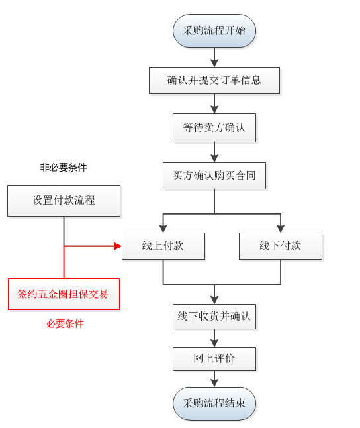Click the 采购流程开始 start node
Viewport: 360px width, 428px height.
(x=214, y=31)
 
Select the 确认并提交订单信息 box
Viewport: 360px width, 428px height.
(x=214, y=81)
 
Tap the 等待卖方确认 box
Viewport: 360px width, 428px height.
(x=214, y=128)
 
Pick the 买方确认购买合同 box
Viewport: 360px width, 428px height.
(x=214, y=176)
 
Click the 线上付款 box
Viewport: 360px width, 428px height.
(x=163, y=246)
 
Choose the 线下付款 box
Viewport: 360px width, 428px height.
(x=281, y=246)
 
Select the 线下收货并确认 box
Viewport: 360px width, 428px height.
(x=214, y=316)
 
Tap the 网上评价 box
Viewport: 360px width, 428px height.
(x=214, y=358)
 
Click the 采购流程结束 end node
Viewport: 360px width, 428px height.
(x=214, y=403)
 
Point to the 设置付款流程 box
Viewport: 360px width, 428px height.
(x=64, y=201)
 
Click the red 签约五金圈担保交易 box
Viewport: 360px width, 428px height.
(x=64, y=294)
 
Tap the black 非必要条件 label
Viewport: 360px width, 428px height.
(x=64, y=168)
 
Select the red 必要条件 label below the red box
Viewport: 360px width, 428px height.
(x=65, y=324)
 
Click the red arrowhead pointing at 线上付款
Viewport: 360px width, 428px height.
(x=118, y=246)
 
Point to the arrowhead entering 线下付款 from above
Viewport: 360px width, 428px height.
(x=281, y=229)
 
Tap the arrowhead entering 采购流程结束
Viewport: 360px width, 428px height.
(x=214, y=383)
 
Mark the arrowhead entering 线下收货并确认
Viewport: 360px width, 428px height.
(x=214, y=300)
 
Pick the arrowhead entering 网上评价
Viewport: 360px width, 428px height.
(x=214, y=343)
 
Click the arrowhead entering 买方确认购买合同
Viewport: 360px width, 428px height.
(x=214, y=159)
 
